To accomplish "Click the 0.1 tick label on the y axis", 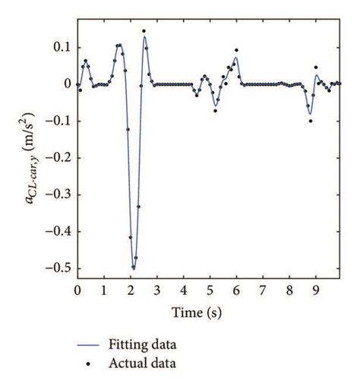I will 62,47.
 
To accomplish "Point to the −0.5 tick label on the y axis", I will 58,267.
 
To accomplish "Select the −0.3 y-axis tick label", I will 58,194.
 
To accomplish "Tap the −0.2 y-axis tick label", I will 58,157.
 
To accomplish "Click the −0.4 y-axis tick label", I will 58,231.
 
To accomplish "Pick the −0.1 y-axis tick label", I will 58,121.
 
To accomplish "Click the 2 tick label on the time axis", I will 131,291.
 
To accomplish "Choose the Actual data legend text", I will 144,364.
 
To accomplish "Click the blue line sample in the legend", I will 90,346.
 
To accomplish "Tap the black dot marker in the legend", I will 90,365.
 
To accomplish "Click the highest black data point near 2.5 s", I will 144,31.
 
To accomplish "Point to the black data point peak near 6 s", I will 236,50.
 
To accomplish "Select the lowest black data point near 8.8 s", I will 311,121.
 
